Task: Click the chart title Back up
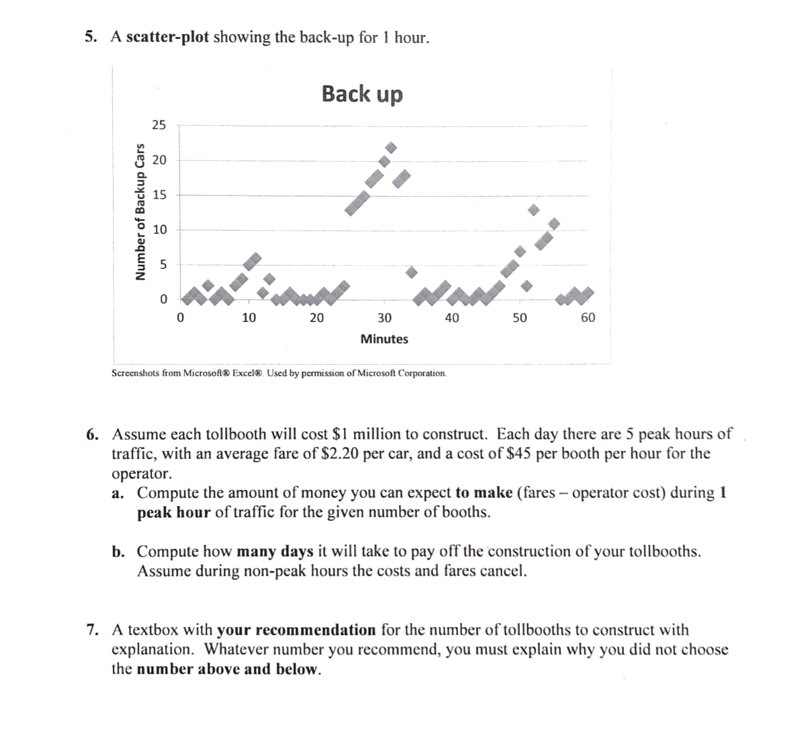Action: coord(362,93)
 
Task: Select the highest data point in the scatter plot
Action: coord(391,147)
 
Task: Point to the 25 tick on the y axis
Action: coord(158,125)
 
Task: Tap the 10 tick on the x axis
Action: coord(249,317)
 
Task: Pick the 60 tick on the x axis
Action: coord(587,317)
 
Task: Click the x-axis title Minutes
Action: coord(384,339)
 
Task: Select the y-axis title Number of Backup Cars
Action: coord(140,212)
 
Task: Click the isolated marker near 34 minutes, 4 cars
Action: coord(412,272)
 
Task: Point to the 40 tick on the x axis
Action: coord(452,317)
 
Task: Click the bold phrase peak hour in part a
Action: coord(174,512)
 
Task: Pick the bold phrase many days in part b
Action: coord(275,552)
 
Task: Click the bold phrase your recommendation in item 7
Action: coord(296,630)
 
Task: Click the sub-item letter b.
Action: coord(119,552)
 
